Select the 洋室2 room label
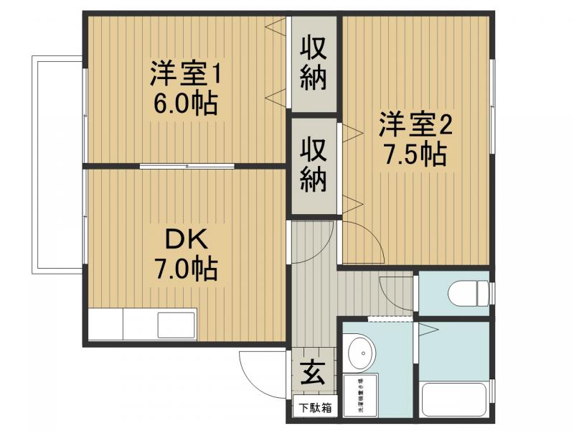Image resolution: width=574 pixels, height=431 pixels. [x=415, y=124]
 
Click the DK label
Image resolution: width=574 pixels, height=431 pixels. [x=183, y=238]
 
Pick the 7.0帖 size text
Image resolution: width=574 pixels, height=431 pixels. [x=184, y=270]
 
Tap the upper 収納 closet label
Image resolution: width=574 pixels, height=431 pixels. [x=314, y=64]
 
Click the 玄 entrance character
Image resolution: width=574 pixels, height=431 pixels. [x=311, y=374]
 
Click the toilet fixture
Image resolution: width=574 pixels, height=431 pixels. [x=463, y=294]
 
